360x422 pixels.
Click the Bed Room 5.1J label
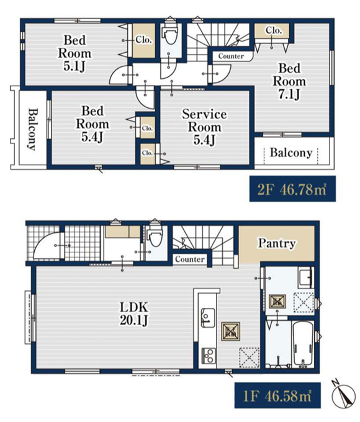coord(74,53)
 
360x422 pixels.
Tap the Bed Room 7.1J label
coord(289,81)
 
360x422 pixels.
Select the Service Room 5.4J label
coord(204,127)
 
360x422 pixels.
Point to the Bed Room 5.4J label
coord(92,123)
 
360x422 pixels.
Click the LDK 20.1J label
coord(134,313)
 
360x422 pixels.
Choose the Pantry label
coord(277,243)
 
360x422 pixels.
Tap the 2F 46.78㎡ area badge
coord(292,189)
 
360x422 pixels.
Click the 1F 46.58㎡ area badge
coord(277,395)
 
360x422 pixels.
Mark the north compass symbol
coord(343,393)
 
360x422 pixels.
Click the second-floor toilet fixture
coord(171,34)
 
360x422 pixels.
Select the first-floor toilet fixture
coord(156,236)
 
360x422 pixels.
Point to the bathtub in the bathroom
coord(303,344)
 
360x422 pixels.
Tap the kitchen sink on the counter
coord(207,318)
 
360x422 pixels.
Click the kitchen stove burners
coord(209,356)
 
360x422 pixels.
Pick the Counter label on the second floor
coord(231,56)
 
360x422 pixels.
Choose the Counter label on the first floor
coord(190,259)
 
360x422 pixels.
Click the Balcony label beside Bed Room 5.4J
coord(32,129)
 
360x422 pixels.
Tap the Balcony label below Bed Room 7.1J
coord(291,153)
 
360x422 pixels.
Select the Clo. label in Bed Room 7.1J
coord(274,30)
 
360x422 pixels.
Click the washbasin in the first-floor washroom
coord(305,278)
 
